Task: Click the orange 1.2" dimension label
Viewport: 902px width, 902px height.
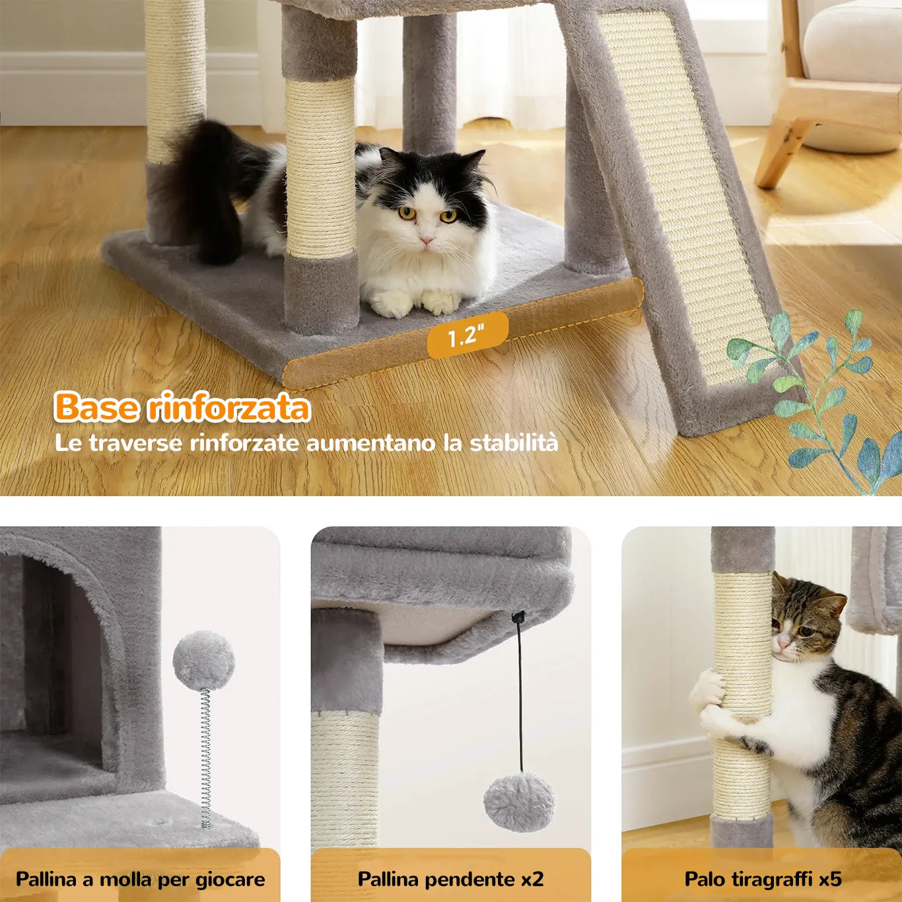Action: (467, 335)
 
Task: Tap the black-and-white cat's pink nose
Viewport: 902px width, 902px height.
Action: (427, 241)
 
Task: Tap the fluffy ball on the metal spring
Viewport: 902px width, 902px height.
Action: (203, 660)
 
